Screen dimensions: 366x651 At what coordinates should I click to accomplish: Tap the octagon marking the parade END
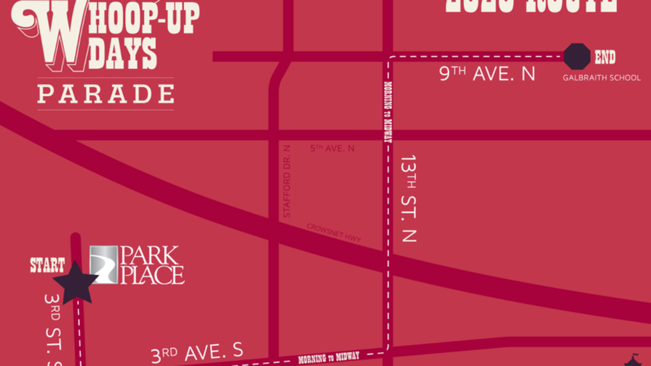coord(577,56)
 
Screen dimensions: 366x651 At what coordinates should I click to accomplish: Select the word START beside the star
coord(47,266)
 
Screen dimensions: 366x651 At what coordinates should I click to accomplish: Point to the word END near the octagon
coord(605,57)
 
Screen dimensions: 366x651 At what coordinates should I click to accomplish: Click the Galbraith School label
coord(602,78)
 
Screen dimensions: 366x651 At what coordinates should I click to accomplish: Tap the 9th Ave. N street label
coord(487,74)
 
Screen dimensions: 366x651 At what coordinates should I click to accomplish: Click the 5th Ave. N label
coord(333,148)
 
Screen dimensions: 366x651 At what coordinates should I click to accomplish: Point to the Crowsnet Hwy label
coord(334,233)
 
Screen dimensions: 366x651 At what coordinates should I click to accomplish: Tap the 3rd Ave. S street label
coord(196,353)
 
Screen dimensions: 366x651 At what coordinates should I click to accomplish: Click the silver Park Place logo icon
coord(104,265)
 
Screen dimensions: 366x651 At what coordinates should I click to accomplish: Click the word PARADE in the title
coord(106,94)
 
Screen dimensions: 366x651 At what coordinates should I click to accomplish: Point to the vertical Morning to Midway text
coord(388,112)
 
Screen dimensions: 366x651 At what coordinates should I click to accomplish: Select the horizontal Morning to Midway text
coord(329,357)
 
